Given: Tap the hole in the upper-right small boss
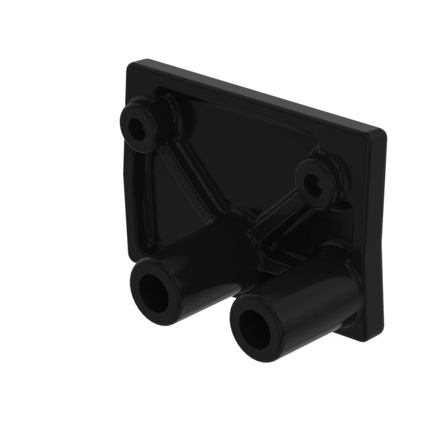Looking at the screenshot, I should point(316,187).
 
